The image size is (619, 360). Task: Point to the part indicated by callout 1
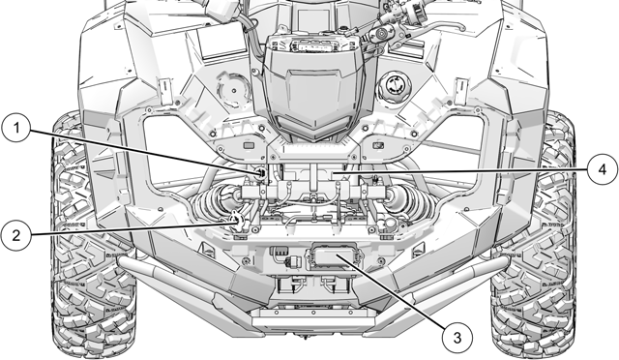pos(263,171)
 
